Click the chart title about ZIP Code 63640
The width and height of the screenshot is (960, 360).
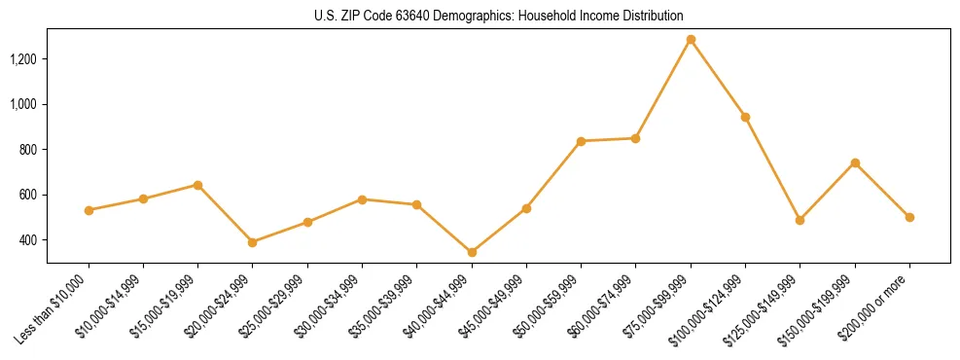click(499, 17)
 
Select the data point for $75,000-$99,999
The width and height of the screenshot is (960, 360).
click(691, 40)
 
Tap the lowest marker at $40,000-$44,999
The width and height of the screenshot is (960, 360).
click(472, 252)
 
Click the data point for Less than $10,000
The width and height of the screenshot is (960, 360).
click(89, 210)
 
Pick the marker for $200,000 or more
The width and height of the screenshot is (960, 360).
click(909, 217)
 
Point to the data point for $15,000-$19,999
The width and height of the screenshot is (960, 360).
click(197, 185)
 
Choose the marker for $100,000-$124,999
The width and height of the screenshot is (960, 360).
click(745, 117)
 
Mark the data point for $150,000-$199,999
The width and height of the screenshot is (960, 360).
click(855, 162)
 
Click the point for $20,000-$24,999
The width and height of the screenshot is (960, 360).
click(253, 242)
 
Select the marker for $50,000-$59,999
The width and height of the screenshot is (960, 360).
click(581, 141)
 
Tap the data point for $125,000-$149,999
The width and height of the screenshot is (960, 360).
click(800, 220)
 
